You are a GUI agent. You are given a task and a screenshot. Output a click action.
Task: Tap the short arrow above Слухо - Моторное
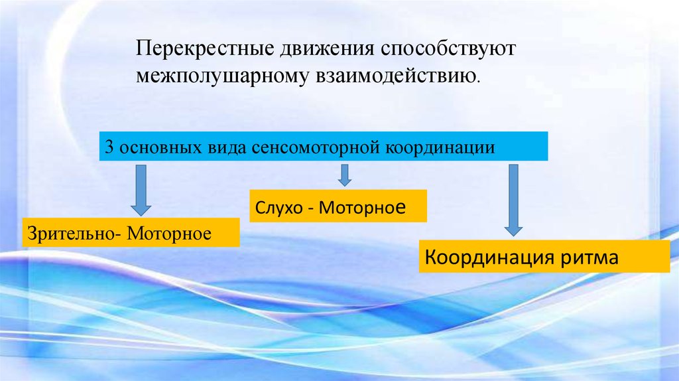pos(344,175)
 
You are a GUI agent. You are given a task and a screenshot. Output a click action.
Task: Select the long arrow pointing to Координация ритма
pos(513,200)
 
